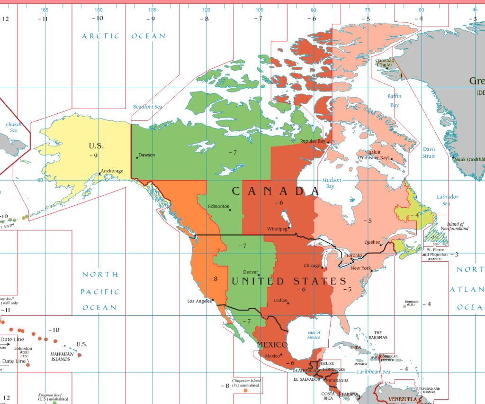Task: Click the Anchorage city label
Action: [112, 171]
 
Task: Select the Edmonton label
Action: [218, 207]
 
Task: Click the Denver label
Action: [251, 272]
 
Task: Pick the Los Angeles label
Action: [199, 301]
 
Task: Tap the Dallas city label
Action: [280, 301]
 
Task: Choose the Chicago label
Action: [313, 266]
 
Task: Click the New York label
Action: [360, 268]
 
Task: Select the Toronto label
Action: [353, 256]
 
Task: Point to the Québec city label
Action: [372, 242]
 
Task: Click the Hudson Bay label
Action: [332, 183]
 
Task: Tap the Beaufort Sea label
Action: [147, 107]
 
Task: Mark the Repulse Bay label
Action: [313, 141]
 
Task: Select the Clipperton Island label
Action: [246, 383]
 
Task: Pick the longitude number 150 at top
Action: [99, 10]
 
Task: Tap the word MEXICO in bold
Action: [272, 345]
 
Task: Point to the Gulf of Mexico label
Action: [314, 335]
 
